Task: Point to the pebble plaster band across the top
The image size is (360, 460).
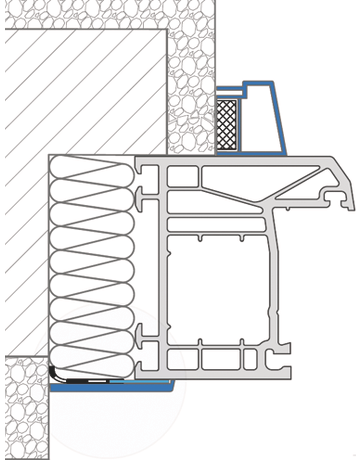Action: (x=110, y=14)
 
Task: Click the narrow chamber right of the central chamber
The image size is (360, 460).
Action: (x=283, y=290)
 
